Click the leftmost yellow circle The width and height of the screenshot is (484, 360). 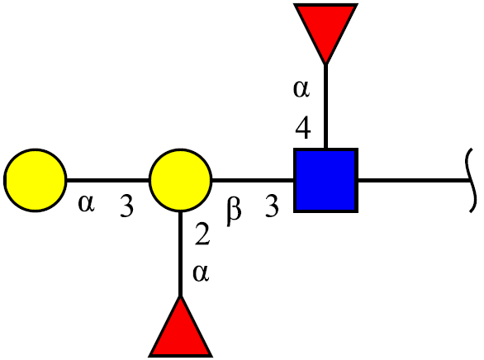click(x=36, y=180)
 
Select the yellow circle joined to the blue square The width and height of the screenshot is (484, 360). click(x=181, y=180)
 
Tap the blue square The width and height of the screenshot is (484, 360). click(x=325, y=180)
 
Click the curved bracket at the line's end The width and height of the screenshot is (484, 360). click(x=471, y=180)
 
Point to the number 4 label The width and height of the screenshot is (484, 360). click(x=303, y=128)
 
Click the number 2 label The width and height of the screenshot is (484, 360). click(x=202, y=234)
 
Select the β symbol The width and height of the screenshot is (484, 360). click(x=234, y=211)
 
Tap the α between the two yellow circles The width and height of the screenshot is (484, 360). click(x=86, y=204)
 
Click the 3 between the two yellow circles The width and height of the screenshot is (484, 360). click(x=126, y=206)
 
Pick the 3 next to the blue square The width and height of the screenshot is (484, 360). click(x=272, y=206)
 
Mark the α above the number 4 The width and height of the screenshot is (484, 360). click(x=301, y=89)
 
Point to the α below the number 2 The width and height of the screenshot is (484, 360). click(x=201, y=273)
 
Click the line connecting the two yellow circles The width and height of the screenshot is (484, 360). click(x=108, y=180)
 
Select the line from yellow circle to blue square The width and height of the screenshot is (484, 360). click(x=253, y=180)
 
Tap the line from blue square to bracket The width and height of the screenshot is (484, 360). click(x=414, y=180)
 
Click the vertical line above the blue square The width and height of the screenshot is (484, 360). click(x=325, y=107)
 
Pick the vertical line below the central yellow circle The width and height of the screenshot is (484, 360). click(x=181, y=254)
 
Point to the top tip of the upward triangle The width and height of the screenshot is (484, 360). click(x=181, y=296)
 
